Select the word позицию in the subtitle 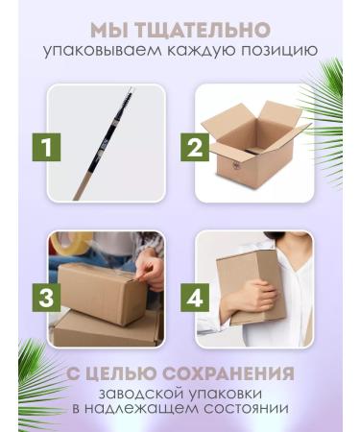tap(273, 51)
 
